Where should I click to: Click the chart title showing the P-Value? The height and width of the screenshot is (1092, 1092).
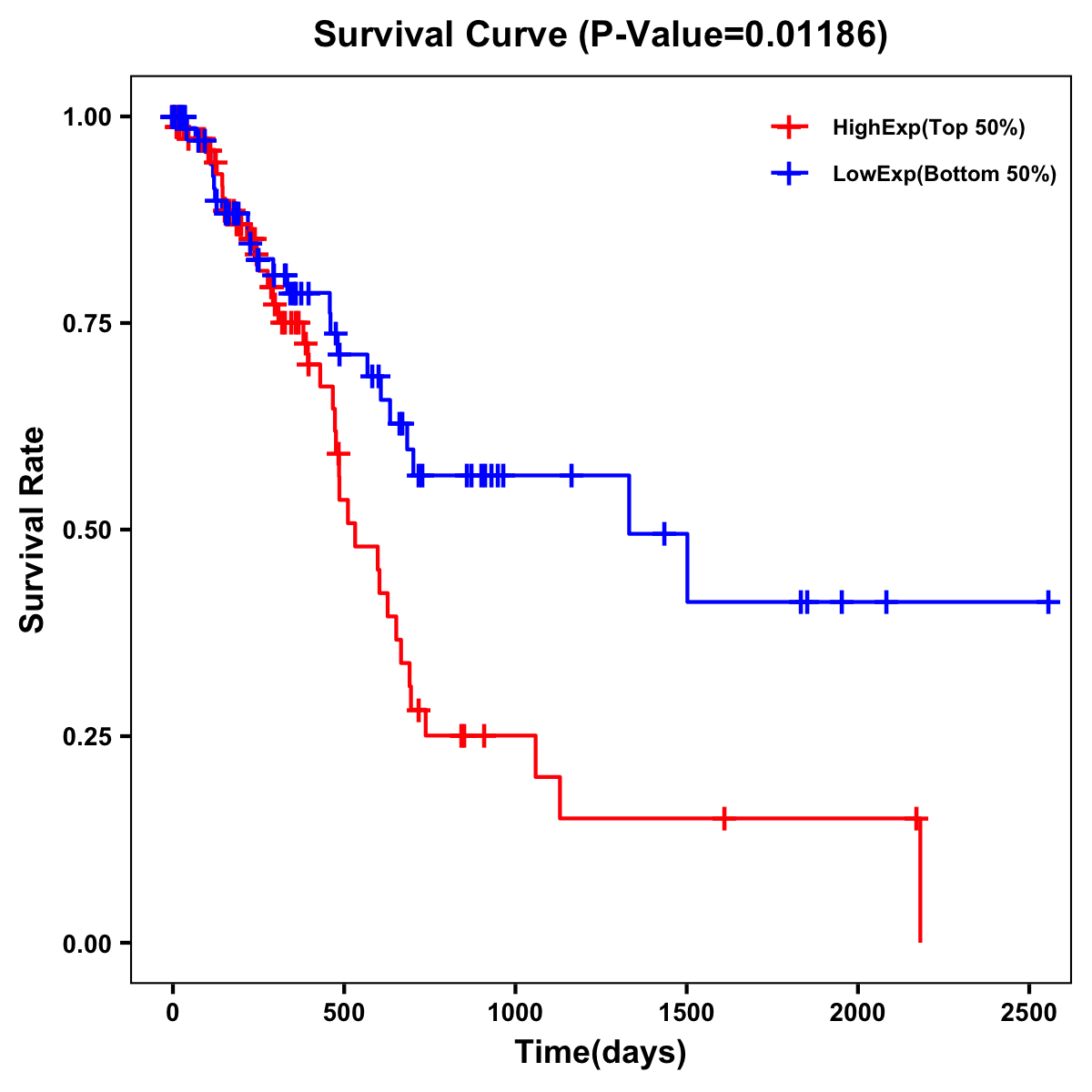[x=601, y=35]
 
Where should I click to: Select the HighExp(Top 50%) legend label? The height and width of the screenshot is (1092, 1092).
[x=929, y=128]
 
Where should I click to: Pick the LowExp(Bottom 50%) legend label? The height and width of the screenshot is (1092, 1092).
[x=945, y=175]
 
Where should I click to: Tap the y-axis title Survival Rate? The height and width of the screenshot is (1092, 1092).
[x=33, y=530]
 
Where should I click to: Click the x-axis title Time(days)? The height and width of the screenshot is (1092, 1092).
[x=601, y=1053]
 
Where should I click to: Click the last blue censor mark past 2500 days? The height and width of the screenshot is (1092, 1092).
[x=1048, y=602]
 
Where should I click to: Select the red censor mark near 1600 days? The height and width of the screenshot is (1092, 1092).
[x=723, y=818]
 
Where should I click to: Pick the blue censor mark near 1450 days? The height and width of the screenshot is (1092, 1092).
[x=664, y=533]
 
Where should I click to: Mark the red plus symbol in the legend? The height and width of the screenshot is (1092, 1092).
[x=789, y=127]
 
